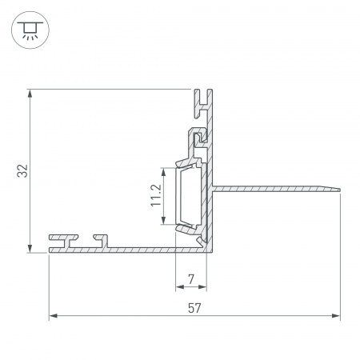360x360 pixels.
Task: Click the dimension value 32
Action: coord(22,171)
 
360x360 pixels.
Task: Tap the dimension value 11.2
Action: coord(156,195)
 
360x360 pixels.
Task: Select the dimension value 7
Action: coord(191,279)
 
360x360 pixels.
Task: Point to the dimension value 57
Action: coord(194,308)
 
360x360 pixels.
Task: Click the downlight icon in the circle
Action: coord(30,30)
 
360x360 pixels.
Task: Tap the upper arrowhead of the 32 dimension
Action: coord(30,94)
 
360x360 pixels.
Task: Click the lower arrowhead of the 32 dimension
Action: coord(30,248)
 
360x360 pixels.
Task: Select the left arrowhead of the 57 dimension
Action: coord(54,316)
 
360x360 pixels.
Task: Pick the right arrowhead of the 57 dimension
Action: coord(336,316)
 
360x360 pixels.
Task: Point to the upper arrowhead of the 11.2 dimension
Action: coord(164,172)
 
